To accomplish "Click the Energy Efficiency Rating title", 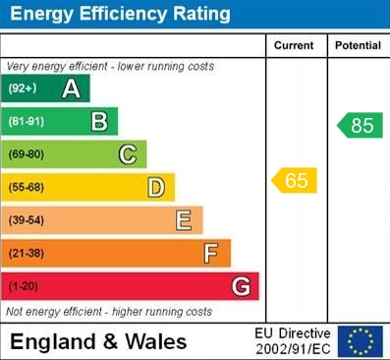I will coord(120,14).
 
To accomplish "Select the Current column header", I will coord(294,45).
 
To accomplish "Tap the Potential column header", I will coord(358,45).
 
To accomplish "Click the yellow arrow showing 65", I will coord(295,180).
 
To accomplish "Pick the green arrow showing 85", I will coord(360,125).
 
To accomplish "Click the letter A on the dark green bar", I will coord(71,89).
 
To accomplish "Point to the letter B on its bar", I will coord(99,122).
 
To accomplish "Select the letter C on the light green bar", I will coord(128,154).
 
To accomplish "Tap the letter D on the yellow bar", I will coord(156,187).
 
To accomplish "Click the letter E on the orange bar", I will coord(184,220).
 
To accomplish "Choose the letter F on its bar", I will coord(211,253).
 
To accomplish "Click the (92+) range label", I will coord(23,89).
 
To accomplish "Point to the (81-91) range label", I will coord(27,122).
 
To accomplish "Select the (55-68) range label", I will coord(28,187).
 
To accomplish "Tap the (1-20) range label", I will coord(25,286).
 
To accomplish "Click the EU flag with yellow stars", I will coord(361,340).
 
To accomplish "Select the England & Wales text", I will coord(98,342).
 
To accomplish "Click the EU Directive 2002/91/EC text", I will coord(293,341).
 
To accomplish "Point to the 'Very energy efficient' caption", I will coord(110,66).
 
